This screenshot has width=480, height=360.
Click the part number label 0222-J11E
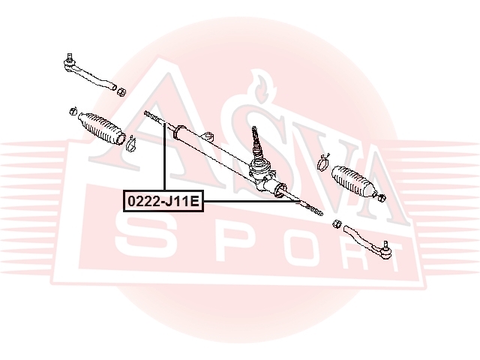[x=163, y=202]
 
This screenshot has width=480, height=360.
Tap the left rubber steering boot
[x=102, y=128]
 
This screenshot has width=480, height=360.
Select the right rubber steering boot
[x=354, y=182]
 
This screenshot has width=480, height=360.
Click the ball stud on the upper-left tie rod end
[x=70, y=58]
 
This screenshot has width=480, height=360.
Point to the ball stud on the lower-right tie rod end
[x=385, y=245]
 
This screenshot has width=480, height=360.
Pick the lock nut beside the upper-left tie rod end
[x=121, y=91]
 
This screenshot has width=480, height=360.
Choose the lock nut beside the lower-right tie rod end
[x=337, y=223]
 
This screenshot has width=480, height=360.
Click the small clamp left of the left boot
[x=73, y=111]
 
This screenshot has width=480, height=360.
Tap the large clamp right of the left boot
[x=132, y=144]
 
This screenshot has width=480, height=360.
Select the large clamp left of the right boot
[x=322, y=162]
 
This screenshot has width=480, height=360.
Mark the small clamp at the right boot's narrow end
[x=380, y=197]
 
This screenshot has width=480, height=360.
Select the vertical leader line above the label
[x=165, y=157]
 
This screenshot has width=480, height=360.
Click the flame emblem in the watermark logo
[x=261, y=87]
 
